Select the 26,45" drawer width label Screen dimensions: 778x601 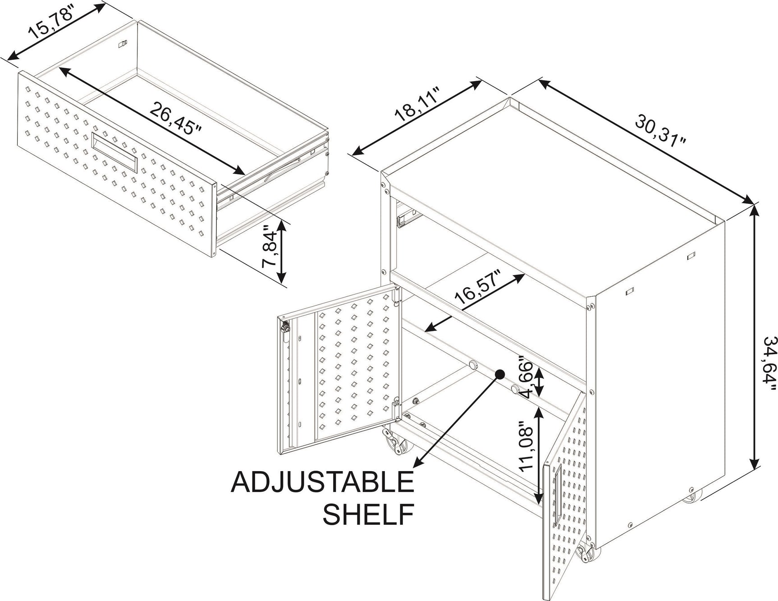[x=175, y=118]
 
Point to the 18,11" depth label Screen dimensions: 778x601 [x=416, y=106]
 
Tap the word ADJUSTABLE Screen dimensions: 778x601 [x=323, y=482]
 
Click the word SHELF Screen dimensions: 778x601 [x=369, y=514]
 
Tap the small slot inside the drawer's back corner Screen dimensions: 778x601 [x=122, y=44]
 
